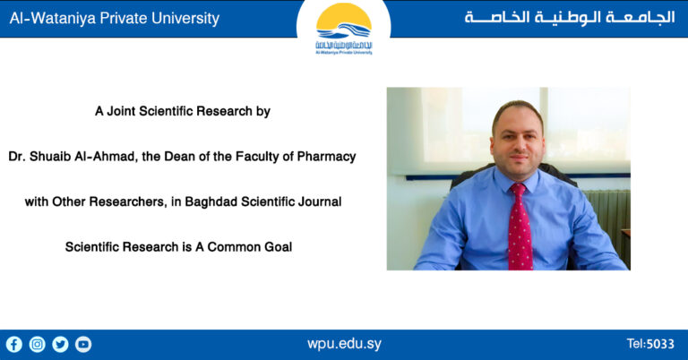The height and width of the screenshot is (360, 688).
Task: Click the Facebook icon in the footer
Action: (14, 344)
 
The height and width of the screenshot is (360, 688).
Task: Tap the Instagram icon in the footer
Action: (38, 344)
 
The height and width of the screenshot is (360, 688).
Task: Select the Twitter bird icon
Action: (60, 344)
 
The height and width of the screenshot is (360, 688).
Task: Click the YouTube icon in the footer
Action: (83, 344)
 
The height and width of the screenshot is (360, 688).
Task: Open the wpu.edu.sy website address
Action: (344, 344)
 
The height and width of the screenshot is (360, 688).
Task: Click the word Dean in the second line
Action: (174, 157)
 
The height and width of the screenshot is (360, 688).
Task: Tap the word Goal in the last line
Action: (277, 246)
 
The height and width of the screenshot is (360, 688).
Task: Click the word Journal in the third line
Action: (320, 201)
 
